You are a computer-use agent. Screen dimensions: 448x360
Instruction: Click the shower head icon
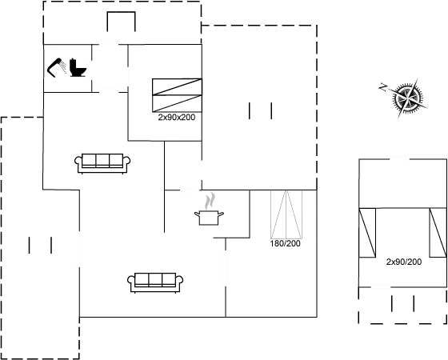[x=56, y=67]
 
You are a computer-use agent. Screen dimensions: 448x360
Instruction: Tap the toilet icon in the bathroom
[x=78, y=68]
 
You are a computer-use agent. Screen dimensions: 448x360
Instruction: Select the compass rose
[x=408, y=98]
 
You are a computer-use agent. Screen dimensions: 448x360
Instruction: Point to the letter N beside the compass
[x=383, y=87]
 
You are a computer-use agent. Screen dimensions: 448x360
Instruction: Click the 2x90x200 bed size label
[x=177, y=117]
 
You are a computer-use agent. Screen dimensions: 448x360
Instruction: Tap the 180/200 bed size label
[x=285, y=243]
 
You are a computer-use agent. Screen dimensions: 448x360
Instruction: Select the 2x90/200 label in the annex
[x=404, y=262]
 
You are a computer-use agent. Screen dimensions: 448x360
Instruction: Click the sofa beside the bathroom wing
[x=102, y=163]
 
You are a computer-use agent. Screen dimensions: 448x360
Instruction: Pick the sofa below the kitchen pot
[x=155, y=282]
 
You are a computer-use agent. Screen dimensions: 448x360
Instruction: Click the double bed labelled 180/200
[x=286, y=214]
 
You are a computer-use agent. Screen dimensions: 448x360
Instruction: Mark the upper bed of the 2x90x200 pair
[x=177, y=87]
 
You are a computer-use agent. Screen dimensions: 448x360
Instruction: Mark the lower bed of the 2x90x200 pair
[x=177, y=103]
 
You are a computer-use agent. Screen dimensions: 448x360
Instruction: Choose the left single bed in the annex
[x=367, y=233]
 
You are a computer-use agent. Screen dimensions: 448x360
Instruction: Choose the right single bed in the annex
[x=438, y=233]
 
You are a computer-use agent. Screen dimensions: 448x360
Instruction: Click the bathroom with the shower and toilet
[x=67, y=68]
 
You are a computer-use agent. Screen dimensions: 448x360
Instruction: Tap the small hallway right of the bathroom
[x=110, y=68]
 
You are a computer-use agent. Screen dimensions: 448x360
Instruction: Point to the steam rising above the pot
[x=210, y=201]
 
